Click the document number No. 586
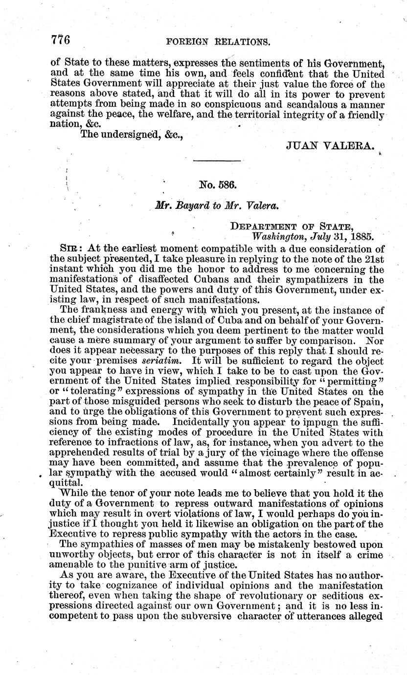(x=218, y=186)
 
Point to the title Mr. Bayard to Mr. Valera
(x=216, y=206)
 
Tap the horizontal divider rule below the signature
(x=218, y=161)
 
